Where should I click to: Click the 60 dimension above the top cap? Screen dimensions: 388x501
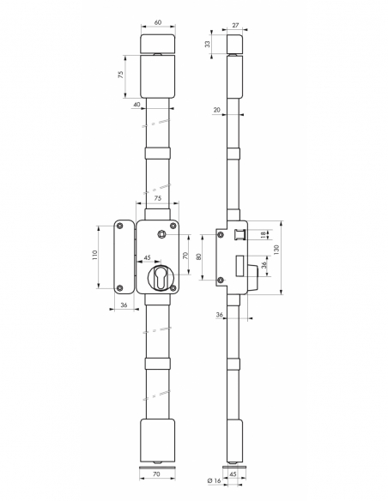158,22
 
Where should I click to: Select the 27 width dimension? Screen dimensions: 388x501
235,25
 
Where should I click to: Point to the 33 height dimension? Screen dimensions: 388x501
208,44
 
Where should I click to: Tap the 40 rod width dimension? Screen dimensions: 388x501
136,105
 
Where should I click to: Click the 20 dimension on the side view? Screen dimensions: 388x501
217,110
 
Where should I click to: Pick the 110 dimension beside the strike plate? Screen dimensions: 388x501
95,256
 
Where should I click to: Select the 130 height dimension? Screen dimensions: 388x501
276,250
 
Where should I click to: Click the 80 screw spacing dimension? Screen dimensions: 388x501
198,257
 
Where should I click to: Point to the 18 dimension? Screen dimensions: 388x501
263,235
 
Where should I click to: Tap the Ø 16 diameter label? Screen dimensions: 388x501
214,480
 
